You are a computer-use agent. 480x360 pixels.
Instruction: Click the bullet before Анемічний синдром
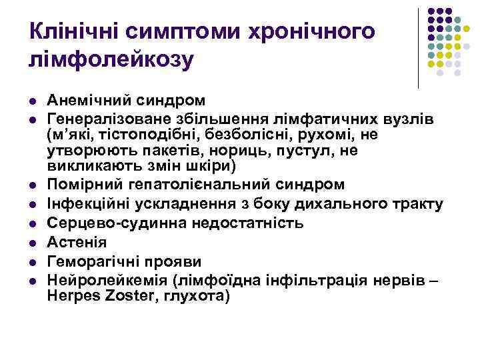pyautogui.click(x=32, y=101)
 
